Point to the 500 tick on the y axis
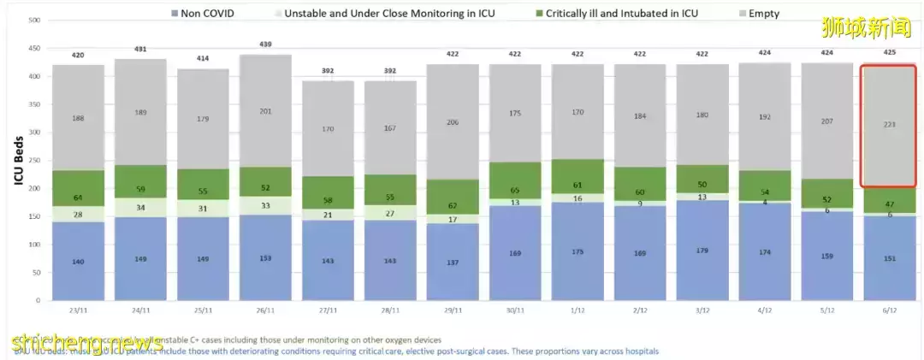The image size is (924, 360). coord(34,20)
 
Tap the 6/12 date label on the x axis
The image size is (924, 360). coord(890,312)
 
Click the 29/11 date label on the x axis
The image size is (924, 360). coord(453,312)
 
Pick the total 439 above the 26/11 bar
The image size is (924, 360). coord(265,44)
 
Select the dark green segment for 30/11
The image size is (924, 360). coord(515,180)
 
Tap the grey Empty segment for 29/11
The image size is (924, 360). coord(453,122)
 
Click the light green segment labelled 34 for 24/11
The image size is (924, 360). coord(140,207)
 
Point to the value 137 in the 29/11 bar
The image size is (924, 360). coord(453,261)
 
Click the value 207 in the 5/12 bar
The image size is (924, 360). coord(827,121)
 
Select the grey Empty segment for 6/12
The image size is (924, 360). coord(890,125)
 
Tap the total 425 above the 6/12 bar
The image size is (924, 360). coord(890,54)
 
